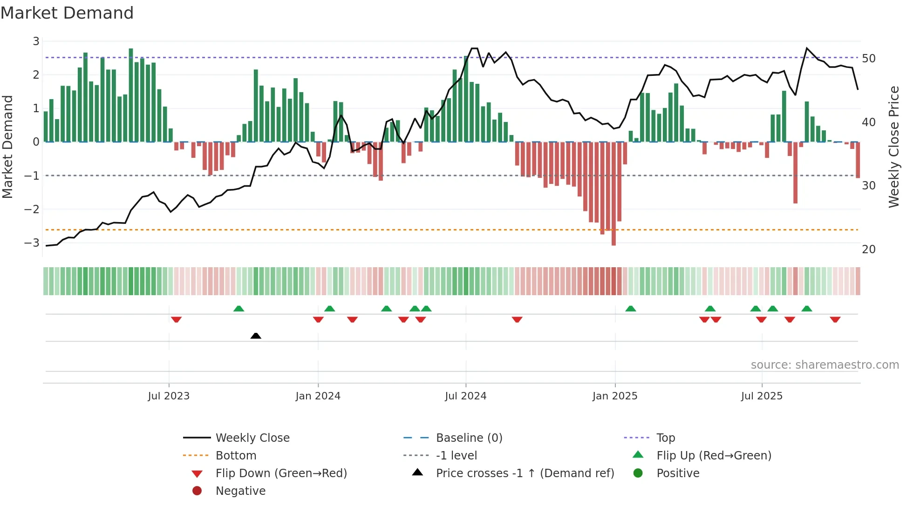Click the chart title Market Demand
pyautogui.click(x=67, y=13)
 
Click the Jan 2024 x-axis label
pyautogui.click(x=318, y=396)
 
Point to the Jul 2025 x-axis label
pyautogui.click(x=762, y=396)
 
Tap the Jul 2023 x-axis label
pyautogui.click(x=169, y=396)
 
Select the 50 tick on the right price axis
pyautogui.click(x=868, y=59)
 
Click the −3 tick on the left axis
pyautogui.click(x=32, y=243)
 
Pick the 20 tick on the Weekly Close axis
pyautogui.click(x=868, y=250)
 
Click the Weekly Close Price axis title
pyautogui.click(x=893, y=147)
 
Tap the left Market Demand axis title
pyautogui.click(x=8, y=147)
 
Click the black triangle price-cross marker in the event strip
pyautogui.click(x=256, y=336)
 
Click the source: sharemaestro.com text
pyautogui.click(x=824, y=365)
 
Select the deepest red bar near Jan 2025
pyautogui.click(x=613, y=193)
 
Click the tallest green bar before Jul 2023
pyautogui.click(x=131, y=95)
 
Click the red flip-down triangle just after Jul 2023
pyautogui.click(x=176, y=320)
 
